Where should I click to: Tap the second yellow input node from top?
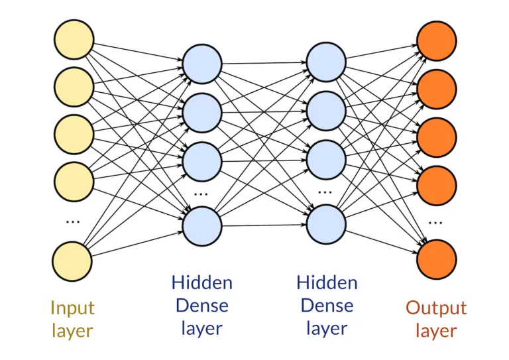(74, 87)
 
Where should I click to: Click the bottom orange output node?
(437, 260)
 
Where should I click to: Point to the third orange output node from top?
(437, 136)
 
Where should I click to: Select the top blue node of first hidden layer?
(202, 64)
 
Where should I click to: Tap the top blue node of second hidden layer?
(326, 64)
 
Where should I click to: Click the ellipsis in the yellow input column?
(73, 221)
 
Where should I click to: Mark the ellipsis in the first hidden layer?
(201, 194)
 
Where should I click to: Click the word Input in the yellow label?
(72, 308)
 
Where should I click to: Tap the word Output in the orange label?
(436, 308)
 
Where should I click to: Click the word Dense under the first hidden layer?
(201, 305)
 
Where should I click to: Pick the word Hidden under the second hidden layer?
(327, 282)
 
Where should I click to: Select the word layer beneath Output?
(436, 330)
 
